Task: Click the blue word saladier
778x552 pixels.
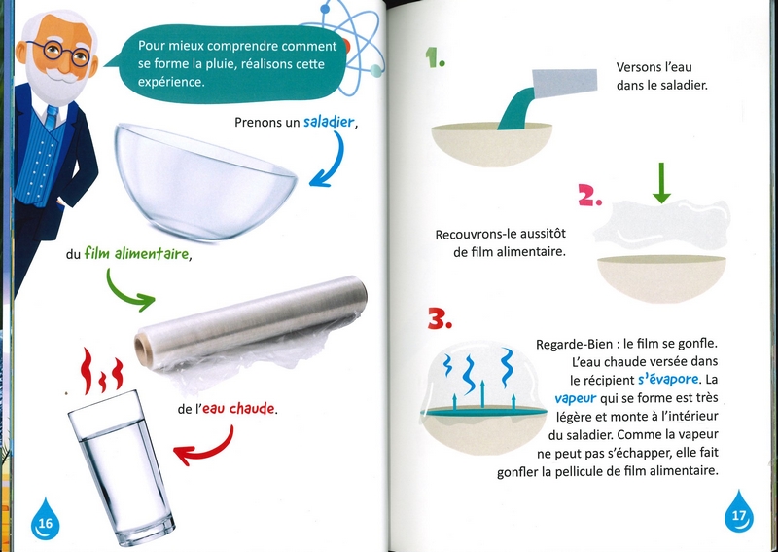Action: click(x=329, y=122)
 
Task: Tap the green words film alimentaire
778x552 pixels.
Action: click(x=136, y=254)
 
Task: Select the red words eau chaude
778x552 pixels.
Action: click(x=238, y=409)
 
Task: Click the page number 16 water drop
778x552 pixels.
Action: click(x=45, y=520)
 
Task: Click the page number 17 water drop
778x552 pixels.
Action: click(x=739, y=512)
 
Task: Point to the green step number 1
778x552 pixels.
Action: click(x=435, y=57)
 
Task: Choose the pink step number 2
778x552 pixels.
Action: click(x=590, y=196)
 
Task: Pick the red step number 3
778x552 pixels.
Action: click(x=440, y=318)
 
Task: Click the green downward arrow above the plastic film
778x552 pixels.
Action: click(x=661, y=183)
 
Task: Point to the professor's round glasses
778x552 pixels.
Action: click(x=58, y=53)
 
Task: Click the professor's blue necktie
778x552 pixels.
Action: click(x=52, y=117)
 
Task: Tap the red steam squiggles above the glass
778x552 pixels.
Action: click(x=102, y=371)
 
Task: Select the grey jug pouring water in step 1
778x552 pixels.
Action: click(x=564, y=82)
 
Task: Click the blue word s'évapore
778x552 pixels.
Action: click(x=668, y=380)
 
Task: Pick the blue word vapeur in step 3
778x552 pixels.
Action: click(x=576, y=398)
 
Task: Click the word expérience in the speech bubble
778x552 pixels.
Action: click(x=171, y=82)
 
